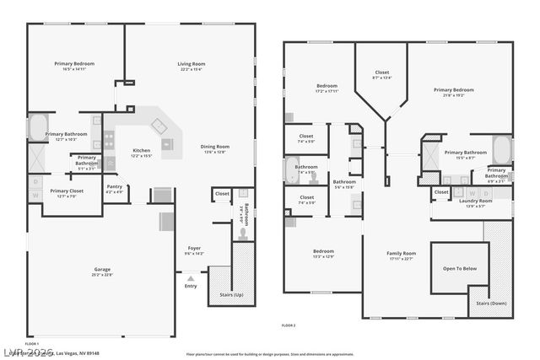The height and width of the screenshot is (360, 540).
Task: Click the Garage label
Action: [x=103, y=271]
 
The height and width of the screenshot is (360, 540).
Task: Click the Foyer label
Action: [x=194, y=250]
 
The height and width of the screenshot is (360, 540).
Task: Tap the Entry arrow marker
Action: [x=191, y=277]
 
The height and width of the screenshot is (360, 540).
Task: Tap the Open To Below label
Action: [x=460, y=268]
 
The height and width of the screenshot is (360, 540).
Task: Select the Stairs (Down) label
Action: [x=491, y=303]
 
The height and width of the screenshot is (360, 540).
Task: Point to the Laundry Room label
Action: [x=475, y=202]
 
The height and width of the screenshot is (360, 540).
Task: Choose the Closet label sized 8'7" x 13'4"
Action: [x=381, y=74]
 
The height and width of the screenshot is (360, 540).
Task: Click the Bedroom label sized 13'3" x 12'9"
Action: [x=324, y=253]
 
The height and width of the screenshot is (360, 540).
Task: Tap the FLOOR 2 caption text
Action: [x=289, y=325]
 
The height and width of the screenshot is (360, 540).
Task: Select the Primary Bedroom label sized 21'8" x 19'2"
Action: [x=454, y=92]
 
